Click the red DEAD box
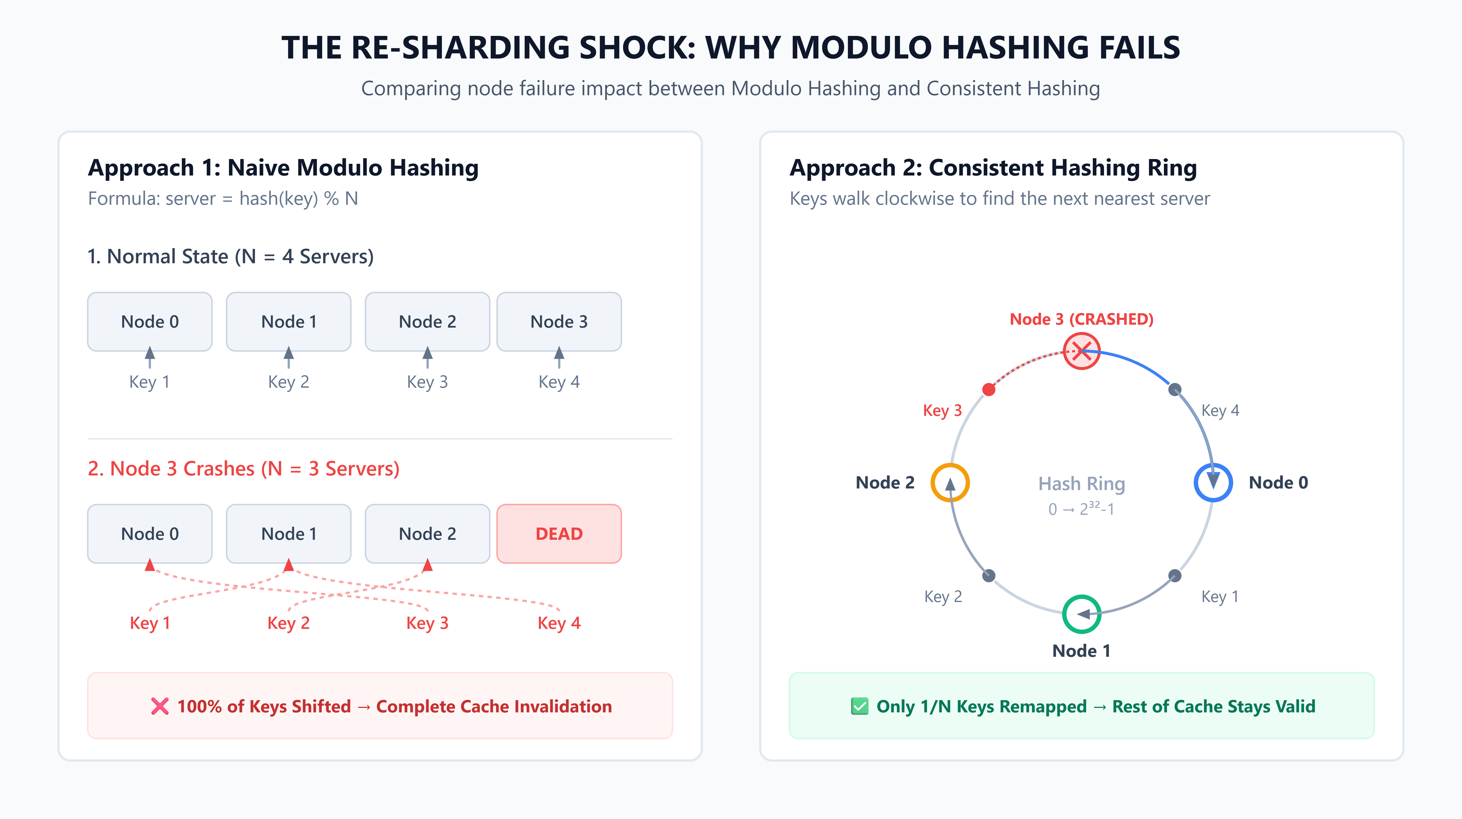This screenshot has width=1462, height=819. click(x=559, y=533)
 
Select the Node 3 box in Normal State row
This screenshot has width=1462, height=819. click(x=559, y=322)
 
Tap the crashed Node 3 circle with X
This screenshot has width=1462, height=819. click(x=1082, y=351)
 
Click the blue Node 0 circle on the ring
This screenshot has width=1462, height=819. click(x=1213, y=482)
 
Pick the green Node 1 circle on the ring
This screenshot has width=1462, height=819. click(x=1082, y=614)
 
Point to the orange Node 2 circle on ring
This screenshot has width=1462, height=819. click(x=950, y=482)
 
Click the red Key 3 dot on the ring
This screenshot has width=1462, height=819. click(x=989, y=389)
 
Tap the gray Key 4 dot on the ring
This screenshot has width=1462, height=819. click(x=1175, y=389)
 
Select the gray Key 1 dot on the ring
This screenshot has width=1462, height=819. click(x=1175, y=575)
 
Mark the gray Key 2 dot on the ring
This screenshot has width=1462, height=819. click(x=989, y=575)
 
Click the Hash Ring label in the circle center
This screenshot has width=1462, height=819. click(x=1082, y=484)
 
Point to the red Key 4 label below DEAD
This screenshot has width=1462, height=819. click(x=559, y=623)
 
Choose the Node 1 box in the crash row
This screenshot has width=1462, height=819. click(x=289, y=533)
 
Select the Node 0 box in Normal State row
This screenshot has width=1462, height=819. click(x=150, y=322)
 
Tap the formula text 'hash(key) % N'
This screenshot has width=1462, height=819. click(x=299, y=199)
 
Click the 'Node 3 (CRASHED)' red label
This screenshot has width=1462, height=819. click(x=1082, y=319)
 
